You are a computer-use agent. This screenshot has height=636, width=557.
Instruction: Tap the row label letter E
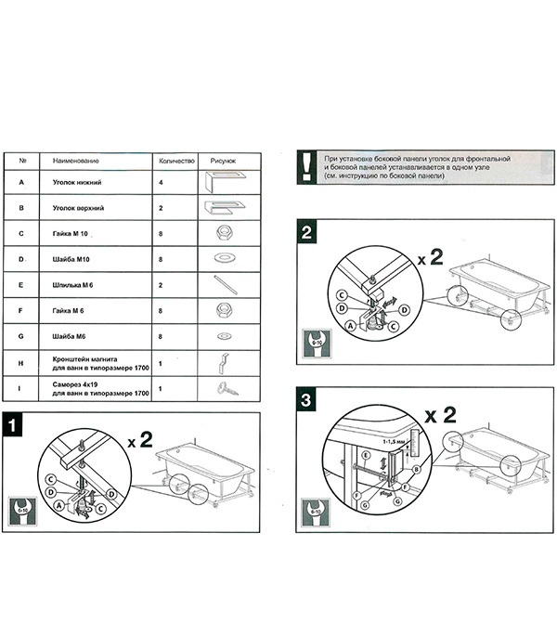pyautogui.click(x=21, y=284)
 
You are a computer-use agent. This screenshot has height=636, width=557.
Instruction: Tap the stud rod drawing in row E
pyautogui.click(x=224, y=284)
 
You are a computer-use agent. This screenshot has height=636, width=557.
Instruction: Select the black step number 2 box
pyautogui.click(x=306, y=231)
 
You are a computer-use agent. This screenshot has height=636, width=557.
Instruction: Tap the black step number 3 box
pyautogui.click(x=306, y=403)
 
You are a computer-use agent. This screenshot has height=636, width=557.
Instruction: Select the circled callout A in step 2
pyautogui.click(x=351, y=326)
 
